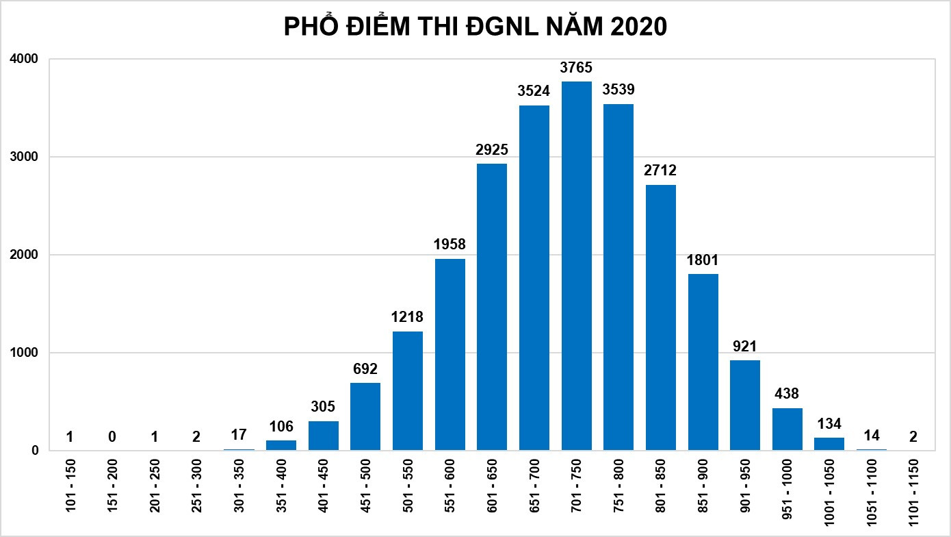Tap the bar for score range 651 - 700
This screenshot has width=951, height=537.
pos(534,277)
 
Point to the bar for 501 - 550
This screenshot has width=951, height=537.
pos(408,390)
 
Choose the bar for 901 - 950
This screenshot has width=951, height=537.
pos(744,405)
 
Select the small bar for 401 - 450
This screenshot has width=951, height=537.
pos(323,436)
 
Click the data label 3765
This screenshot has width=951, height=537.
pos(576,68)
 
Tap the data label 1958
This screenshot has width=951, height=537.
pos(450,245)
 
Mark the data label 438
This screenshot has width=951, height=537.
pos(787,394)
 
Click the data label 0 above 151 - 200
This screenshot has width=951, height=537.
pos(112,436)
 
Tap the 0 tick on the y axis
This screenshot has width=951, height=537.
pos(34,451)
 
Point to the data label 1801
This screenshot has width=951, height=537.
pos(703,260)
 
